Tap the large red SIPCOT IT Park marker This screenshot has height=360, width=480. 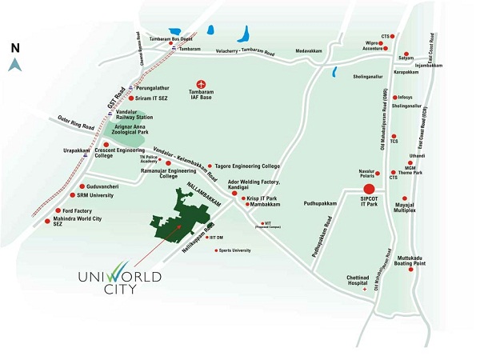tap(370, 190)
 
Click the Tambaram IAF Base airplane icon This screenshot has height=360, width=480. tap(202, 83)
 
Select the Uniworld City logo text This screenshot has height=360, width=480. tap(120, 283)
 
